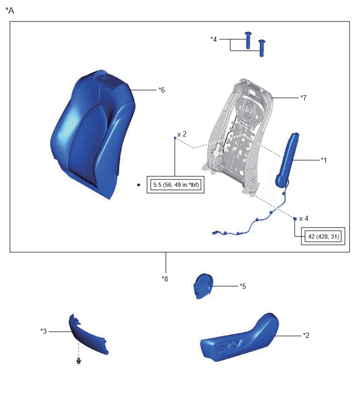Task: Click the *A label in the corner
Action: tap(10, 10)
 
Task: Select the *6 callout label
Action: tap(162, 90)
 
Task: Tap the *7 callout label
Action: tap(303, 98)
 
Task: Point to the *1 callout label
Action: tap(324, 160)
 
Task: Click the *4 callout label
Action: tap(213, 39)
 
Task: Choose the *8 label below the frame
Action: tap(165, 279)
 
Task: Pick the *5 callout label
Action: tap(243, 286)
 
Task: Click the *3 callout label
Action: tap(43, 331)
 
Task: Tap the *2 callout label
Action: tap(306, 335)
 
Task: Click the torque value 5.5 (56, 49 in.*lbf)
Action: tap(176, 185)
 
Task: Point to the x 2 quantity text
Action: tap(182, 134)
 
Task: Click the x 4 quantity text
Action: tap(303, 218)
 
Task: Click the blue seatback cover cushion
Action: tap(93, 133)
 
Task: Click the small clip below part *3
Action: tap(78, 361)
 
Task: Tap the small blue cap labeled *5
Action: tap(203, 286)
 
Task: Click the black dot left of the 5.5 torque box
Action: tap(139, 185)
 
